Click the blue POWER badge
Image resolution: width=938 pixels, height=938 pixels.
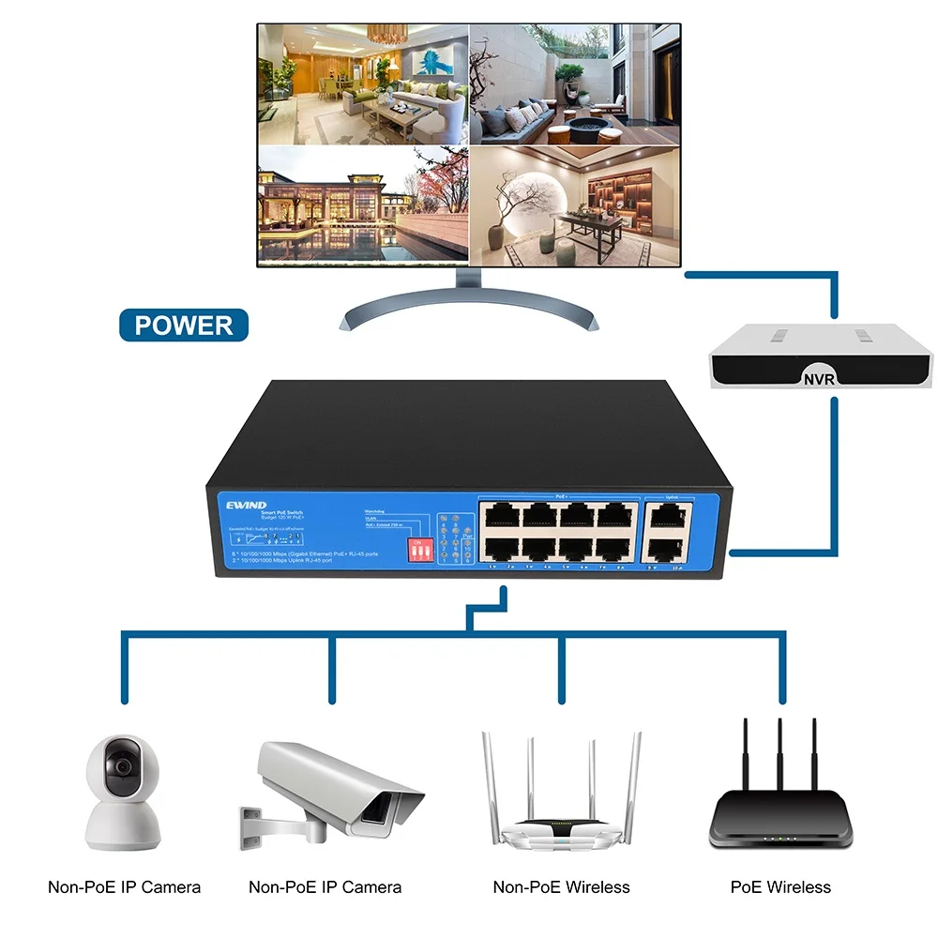(x=184, y=325)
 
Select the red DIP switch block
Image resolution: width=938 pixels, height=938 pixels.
(x=415, y=550)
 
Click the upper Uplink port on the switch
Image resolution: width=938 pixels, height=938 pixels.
(x=667, y=513)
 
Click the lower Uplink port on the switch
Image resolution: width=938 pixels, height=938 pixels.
(x=667, y=548)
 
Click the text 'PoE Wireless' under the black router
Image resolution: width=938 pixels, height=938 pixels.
(x=780, y=886)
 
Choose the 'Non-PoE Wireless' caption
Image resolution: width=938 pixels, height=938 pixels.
(x=561, y=886)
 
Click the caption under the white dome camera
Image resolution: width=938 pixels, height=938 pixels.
(x=124, y=886)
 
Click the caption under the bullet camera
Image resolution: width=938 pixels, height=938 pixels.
(x=325, y=886)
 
